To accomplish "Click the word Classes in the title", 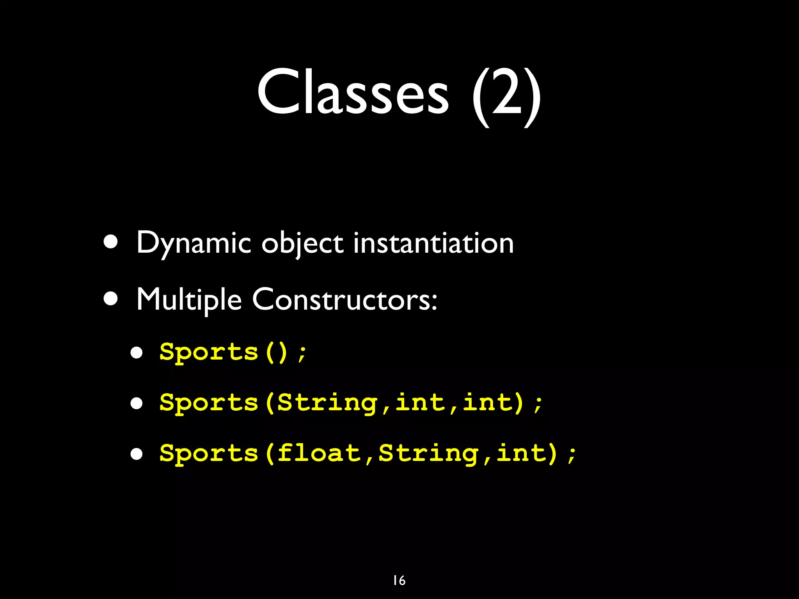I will pyautogui.click(x=353, y=92).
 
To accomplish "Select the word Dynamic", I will pyautogui.click(x=194, y=244).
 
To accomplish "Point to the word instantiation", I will pyautogui.click(x=433, y=243).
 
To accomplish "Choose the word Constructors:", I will pyautogui.click(x=344, y=299).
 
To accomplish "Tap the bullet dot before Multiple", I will pyautogui.click(x=111, y=299).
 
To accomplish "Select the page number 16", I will pyautogui.click(x=399, y=580).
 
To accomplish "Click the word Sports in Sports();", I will pyautogui.click(x=209, y=352).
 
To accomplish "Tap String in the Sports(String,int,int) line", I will pyautogui.click(x=327, y=402).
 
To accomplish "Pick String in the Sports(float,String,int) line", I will pyautogui.click(x=428, y=453).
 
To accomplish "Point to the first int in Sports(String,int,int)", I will pyautogui.click(x=420, y=402).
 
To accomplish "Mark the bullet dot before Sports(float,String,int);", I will pyautogui.click(x=137, y=454).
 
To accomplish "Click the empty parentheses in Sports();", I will pyautogui.click(x=277, y=352).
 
